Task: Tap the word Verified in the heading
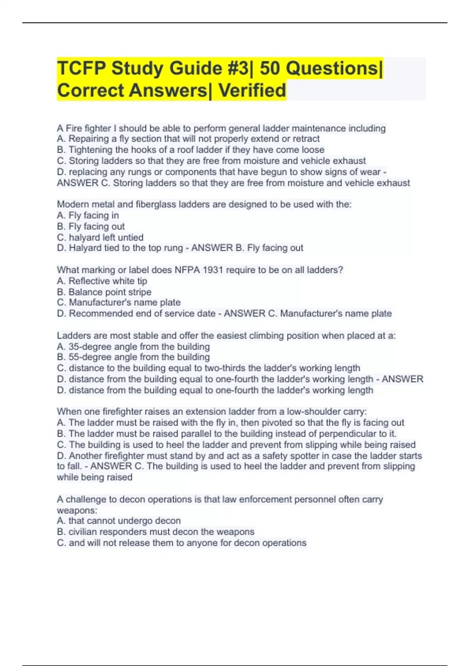click(252, 90)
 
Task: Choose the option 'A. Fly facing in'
click(88, 215)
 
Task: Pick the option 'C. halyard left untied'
click(100, 237)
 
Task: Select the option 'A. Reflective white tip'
click(102, 281)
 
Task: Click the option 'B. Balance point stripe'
click(104, 292)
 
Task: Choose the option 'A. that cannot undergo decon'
click(119, 521)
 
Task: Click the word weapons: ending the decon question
click(77, 510)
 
